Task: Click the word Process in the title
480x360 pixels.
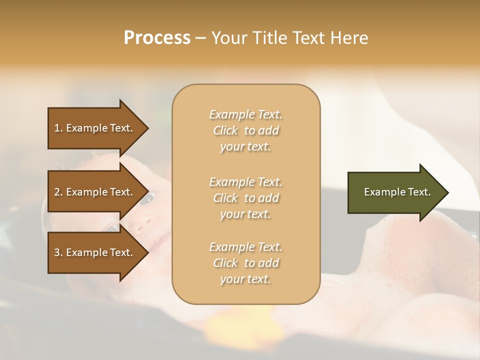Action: pyautogui.click(x=157, y=38)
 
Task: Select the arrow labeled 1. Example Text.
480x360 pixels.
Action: pyautogui.click(x=95, y=128)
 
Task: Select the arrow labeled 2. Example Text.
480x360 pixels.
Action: pyautogui.click(x=95, y=192)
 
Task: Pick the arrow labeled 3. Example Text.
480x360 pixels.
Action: pyautogui.click(x=95, y=252)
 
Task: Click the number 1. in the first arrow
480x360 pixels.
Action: pyautogui.click(x=58, y=128)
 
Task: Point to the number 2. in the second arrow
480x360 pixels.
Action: pyautogui.click(x=58, y=192)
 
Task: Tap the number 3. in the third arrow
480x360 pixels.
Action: pyautogui.click(x=58, y=252)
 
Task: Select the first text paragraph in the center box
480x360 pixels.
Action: pyautogui.click(x=245, y=130)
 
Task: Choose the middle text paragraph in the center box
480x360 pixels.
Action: pyautogui.click(x=245, y=198)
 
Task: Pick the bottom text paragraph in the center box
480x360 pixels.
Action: pyautogui.click(x=245, y=263)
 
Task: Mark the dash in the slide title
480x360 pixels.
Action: pyautogui.click(x=200, y=38)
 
